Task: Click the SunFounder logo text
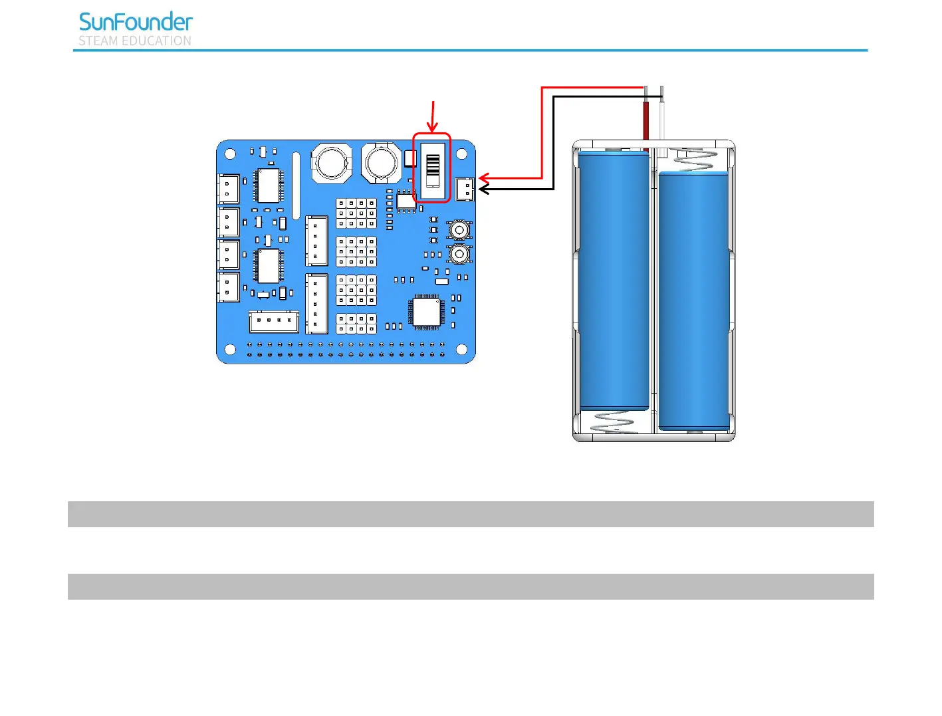click(136, 22)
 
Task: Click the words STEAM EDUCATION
click(135, 41)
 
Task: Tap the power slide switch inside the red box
click(433, 170)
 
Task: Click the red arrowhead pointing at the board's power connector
click(483, 178)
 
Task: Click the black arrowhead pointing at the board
click(483, 189)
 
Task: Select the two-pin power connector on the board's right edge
click(465, 189)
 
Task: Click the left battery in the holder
click(614, 279)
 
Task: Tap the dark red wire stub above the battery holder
click(646, 120)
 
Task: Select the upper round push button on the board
click(459, 230)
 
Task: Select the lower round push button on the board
click(459, 254)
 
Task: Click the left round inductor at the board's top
click(331, 162)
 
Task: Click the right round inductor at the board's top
click(382, 162)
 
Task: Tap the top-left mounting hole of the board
click(230, 154)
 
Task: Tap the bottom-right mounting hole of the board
click(461, 349)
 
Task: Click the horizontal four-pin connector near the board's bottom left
click(273, 321)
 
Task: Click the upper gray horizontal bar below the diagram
click(471, 514)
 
